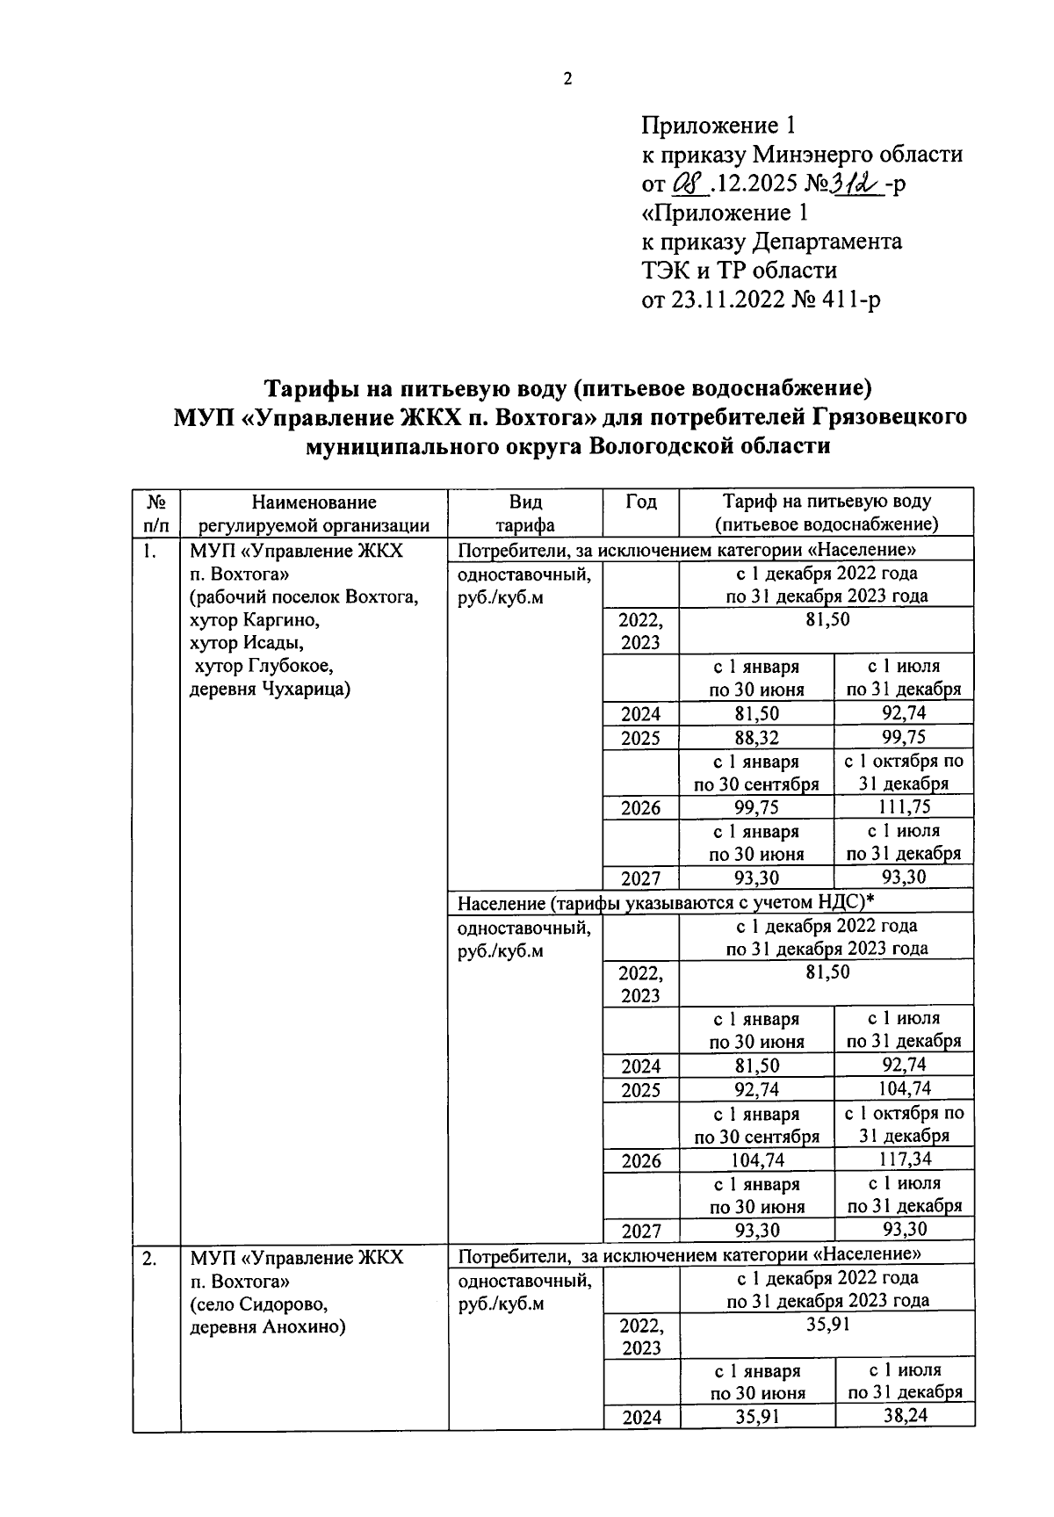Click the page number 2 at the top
click(x=567, y=79)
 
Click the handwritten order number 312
click(x=858, y=184)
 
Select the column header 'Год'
click(x=640, y=502)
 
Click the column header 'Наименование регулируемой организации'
click(x=314, y=514)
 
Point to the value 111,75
click(x=904, y=807)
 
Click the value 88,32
click(x=756, y=737)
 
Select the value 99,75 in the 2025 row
click(x=904, y=737)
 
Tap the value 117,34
click(x=904, y=1159)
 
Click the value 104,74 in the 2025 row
click(x=904, y=1089)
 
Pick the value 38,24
click(x=904, y=1416)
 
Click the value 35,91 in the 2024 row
click(x=756, y=1416)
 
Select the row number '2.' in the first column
click(x=150, y=1259)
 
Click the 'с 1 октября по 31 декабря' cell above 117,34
click(x=904, y=1124)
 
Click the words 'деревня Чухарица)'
click(x=271, y=689)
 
